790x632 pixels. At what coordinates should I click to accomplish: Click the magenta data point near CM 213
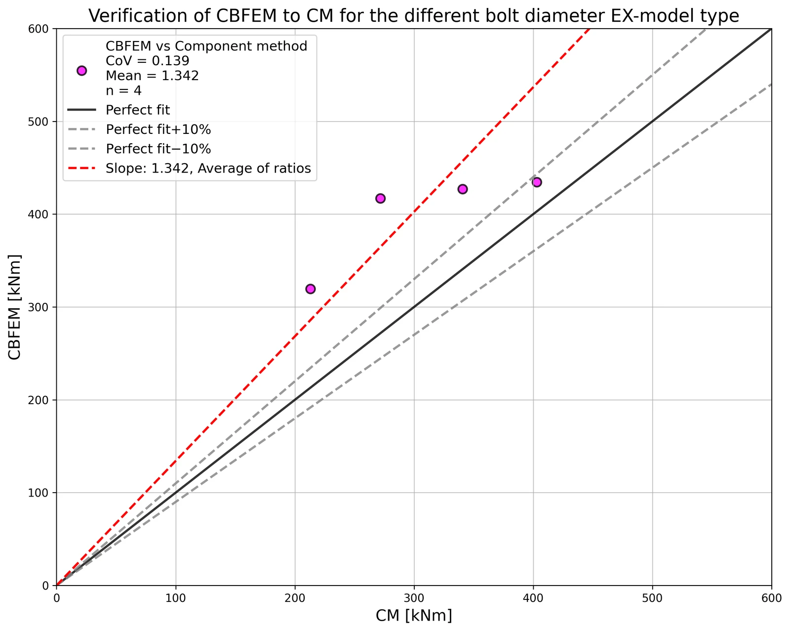(x=310, y=289)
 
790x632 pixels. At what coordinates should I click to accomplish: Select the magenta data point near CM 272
(x=380, y=199)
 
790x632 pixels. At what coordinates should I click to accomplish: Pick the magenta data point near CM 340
(x=463, y=189)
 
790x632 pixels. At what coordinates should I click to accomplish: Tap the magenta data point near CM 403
(x=537, y=182)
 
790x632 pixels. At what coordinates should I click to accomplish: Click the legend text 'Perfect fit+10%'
(x=158, y=129)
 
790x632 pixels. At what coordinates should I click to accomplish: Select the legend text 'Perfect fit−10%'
(x=158, y=149)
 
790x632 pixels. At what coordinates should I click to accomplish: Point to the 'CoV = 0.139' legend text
(x=148, y=61)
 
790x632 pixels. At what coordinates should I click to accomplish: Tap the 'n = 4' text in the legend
(x=124, y=90)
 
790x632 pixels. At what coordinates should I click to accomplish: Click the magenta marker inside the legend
(x=81, y=71)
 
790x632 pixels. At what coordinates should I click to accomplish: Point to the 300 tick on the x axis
(x=414, y=598)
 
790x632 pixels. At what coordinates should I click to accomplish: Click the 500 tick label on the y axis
(x=38, y=122)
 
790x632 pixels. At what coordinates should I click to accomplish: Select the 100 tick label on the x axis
(x=175, y=598)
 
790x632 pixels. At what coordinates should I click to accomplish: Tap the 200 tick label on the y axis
(x=38, y=400)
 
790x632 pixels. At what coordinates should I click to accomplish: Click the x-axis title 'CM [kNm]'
(x=414, y=616)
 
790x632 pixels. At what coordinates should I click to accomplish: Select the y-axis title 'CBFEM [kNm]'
(x=14, y=307)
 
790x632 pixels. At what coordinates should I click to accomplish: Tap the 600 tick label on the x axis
(x=772, y=598)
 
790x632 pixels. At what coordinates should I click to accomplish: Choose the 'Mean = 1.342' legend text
(x=153, y=76)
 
